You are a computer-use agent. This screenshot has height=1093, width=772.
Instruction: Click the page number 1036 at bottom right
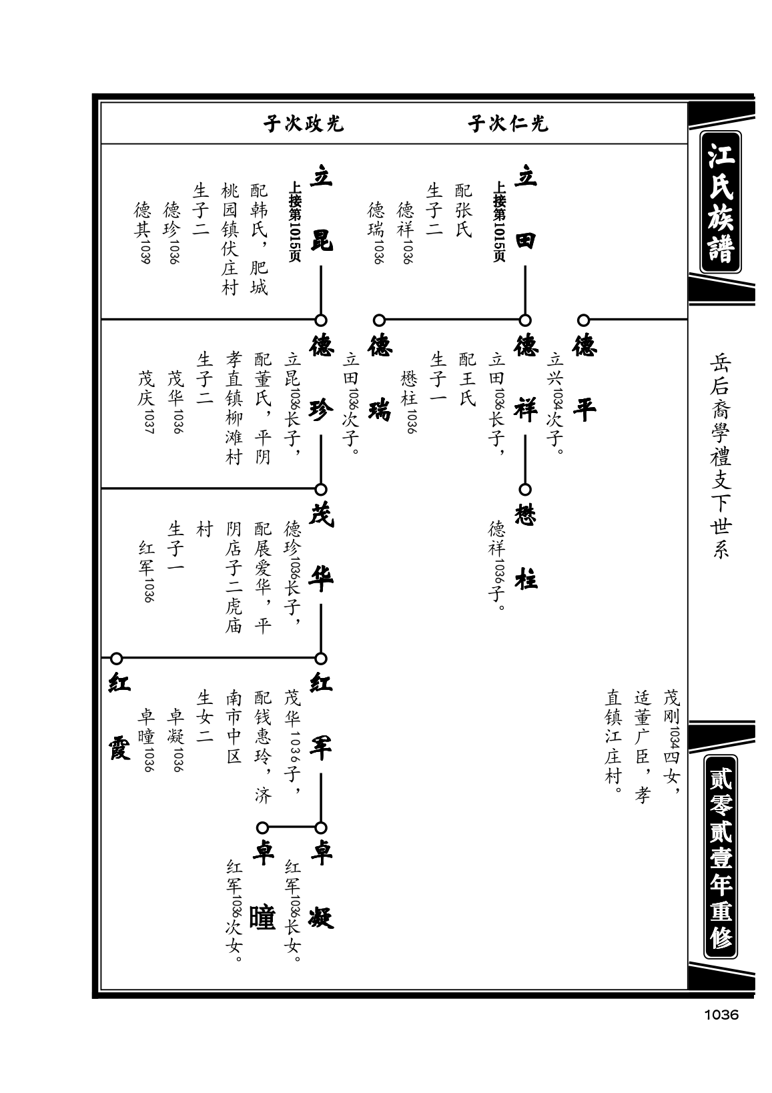coord(721,1015)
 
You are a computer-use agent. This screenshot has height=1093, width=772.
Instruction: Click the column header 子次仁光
coord(508,123)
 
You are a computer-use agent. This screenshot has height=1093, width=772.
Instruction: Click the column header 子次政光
coord(303,123)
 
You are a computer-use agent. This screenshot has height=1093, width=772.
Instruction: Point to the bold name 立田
coord(526,208)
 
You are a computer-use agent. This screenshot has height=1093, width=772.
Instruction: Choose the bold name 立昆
coord(321,208)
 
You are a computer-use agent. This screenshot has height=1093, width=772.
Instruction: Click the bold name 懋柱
coord(526,547)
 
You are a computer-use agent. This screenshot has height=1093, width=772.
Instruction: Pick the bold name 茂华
coord(321,547)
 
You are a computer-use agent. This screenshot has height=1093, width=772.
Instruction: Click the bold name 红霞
coord(119,717)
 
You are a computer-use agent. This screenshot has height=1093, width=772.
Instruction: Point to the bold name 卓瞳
coord(262,885)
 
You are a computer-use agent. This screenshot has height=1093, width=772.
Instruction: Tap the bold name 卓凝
coord(321,885)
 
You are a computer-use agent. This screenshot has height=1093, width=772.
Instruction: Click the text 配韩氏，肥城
coord(259,239)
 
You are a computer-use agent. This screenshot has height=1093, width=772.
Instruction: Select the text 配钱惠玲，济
coord(262,747)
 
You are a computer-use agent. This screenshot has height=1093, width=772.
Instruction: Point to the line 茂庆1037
coord(146,402)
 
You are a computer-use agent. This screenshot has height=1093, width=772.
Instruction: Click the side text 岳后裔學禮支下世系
coord(720,456)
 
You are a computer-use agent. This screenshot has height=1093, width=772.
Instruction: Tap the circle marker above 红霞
coord(116,659)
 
